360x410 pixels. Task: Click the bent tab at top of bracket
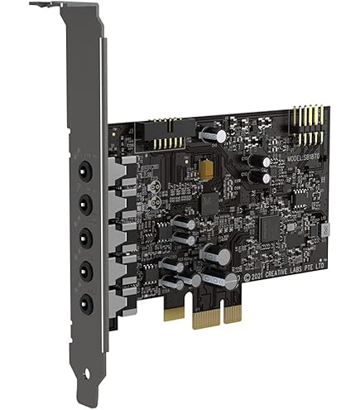[50, 6]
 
